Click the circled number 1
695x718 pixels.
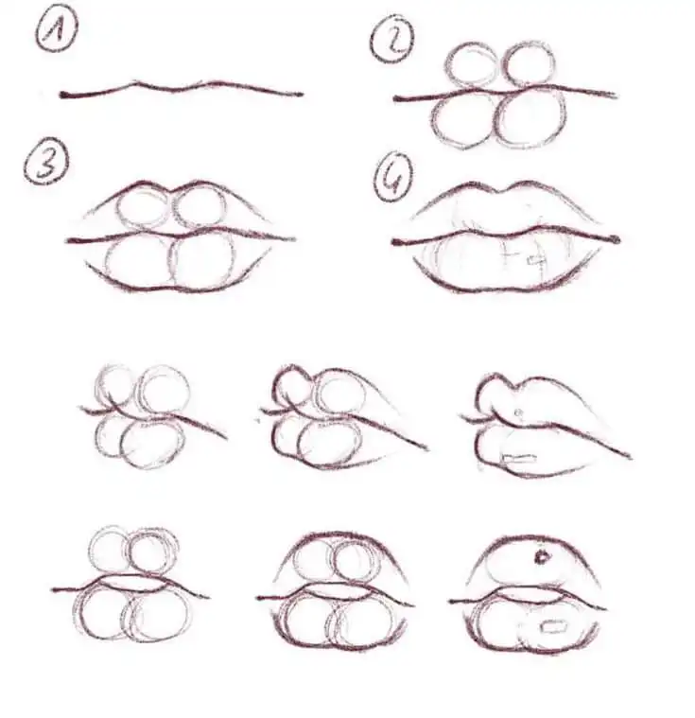[56, 34]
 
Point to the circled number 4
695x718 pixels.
[392, 179]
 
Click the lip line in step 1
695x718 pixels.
[180, 89]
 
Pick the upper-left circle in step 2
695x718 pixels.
[473, 67]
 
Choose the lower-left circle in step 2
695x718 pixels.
[464, 120]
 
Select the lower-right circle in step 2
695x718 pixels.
[531, 117]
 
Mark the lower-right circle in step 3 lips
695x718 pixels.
[203, 259]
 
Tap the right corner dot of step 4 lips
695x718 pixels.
[617, 239]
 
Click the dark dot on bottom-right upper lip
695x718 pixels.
[542, 557]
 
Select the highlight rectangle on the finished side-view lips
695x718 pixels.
[518, 459]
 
